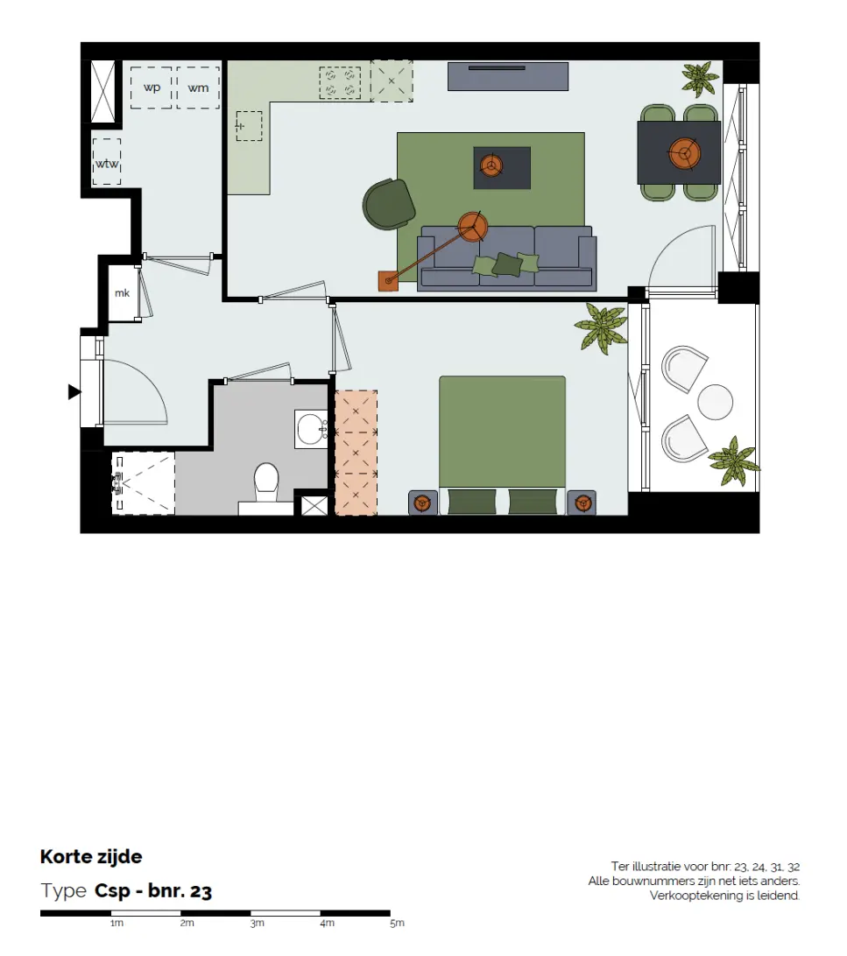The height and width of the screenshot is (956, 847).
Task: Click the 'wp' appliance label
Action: click(152, 88)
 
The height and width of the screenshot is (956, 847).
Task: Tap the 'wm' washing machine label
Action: click(198, 88)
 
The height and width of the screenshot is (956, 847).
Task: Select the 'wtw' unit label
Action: click(107, 164)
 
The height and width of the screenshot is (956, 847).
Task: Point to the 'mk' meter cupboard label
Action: click(122, 293)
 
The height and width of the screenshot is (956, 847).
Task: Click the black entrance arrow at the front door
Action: click(74, 392)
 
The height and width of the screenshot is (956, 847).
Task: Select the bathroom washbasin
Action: click(312, 429)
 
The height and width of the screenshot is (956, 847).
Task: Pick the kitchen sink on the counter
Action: click(249, 126)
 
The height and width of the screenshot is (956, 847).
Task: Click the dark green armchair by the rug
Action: click(388, 204)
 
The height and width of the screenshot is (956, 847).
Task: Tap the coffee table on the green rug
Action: click(502, 168)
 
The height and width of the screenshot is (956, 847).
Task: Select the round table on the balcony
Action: click(715, 403)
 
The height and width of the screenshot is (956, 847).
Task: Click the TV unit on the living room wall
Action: click(508, 76)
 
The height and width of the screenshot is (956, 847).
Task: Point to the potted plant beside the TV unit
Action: click(700, 79)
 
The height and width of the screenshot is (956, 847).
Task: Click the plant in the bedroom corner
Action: click(601, 328)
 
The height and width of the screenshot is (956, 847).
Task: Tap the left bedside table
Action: click(423, 503)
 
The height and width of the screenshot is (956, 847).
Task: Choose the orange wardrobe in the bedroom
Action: click(356, 453)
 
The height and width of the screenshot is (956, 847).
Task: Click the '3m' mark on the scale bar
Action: click(257, 923)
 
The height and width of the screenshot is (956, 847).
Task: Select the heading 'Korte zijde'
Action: click(91, 856)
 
